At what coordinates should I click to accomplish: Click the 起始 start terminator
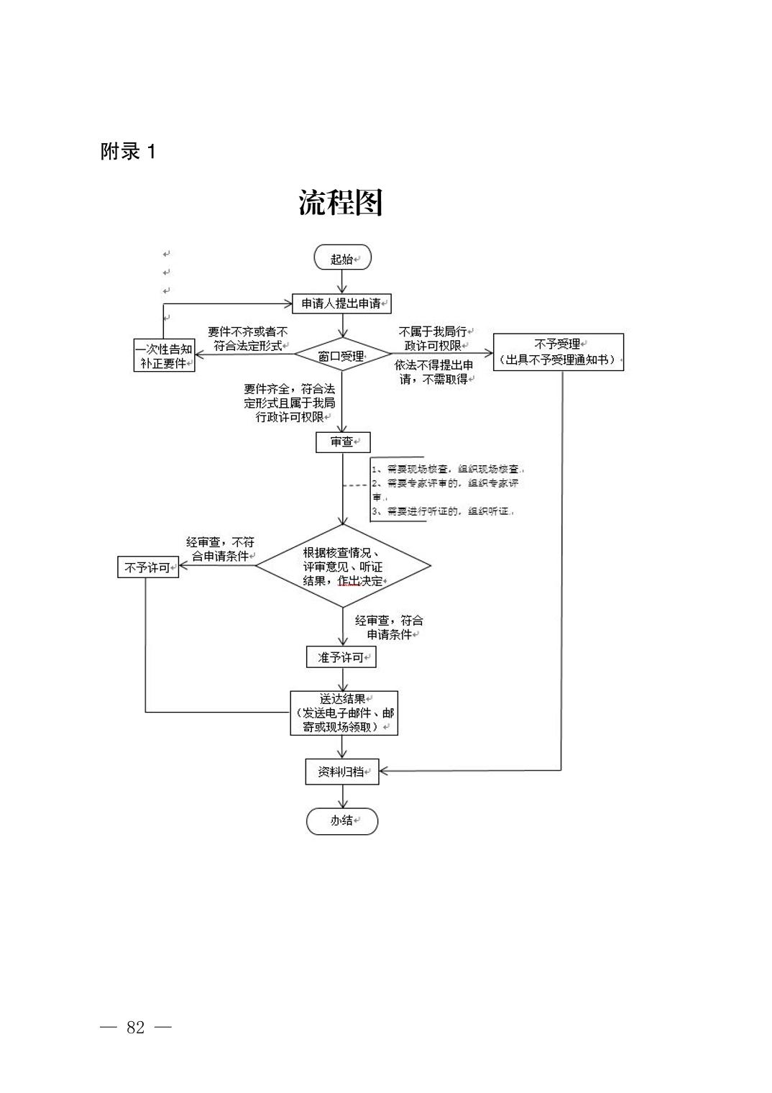342,258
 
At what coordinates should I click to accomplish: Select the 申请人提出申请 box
341,303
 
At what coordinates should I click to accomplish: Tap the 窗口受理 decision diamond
342,356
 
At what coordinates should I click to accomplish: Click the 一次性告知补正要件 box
165,355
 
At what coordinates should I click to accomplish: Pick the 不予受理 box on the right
558,352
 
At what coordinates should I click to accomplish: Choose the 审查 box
343,442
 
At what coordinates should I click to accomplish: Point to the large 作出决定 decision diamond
343,567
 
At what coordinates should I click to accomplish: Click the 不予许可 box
148,567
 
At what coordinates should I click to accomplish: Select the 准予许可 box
341,657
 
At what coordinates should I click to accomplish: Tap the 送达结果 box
344,713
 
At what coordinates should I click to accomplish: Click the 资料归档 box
341,772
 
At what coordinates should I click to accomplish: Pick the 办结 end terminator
342,820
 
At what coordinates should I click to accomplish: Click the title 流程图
341,203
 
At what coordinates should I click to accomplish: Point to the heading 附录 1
128,152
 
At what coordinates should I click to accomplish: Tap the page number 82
136,1027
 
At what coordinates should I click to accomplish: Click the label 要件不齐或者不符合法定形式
248,339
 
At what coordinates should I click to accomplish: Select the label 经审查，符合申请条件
389,627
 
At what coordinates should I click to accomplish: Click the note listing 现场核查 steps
449,490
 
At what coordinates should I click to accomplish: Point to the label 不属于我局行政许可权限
433,339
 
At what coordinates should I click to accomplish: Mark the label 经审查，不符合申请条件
220,549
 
